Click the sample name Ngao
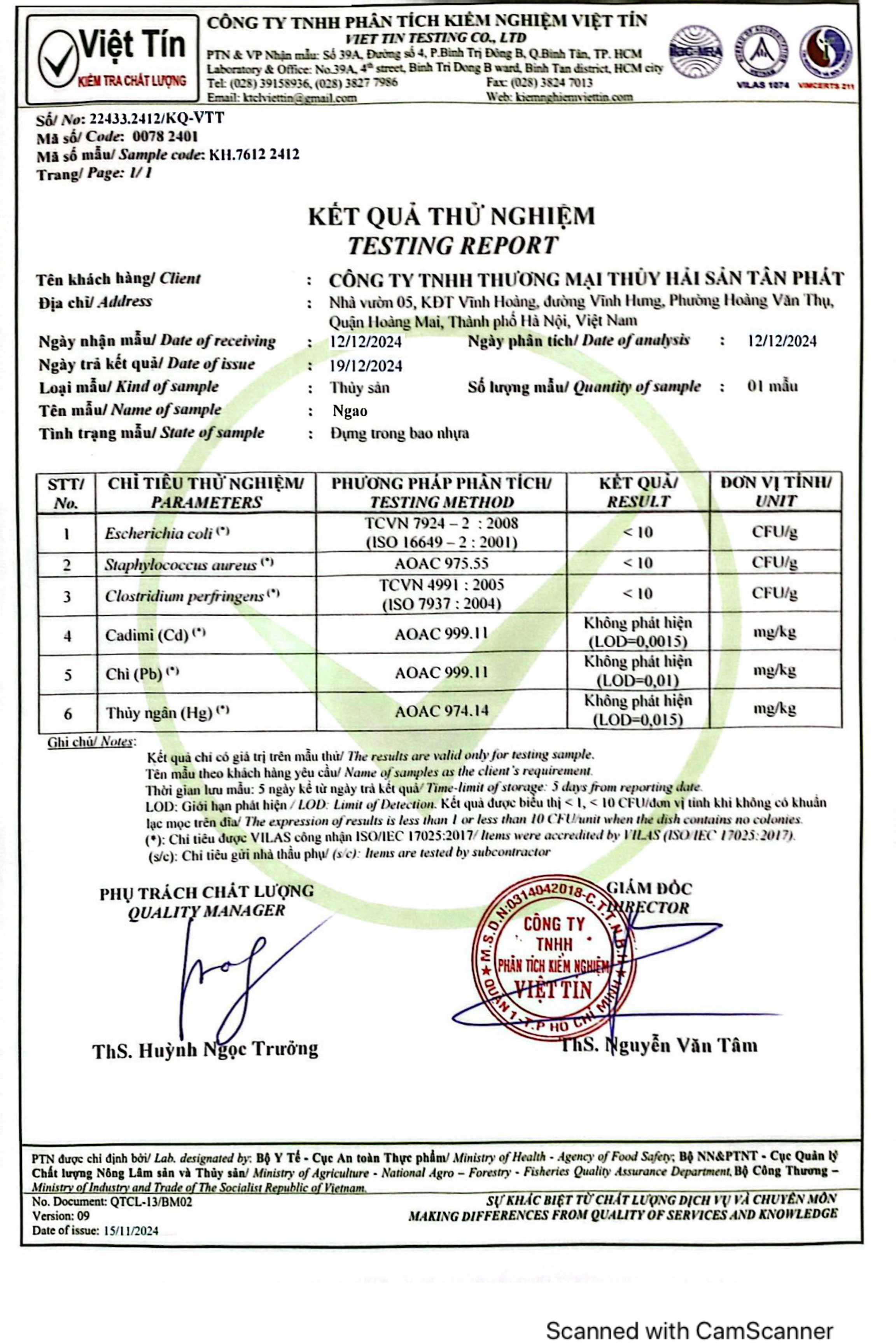tap(350, 411)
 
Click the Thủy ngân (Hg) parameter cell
tap(206, 712)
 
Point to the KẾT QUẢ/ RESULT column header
tap(638, 492)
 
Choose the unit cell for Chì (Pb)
tap(775, 671)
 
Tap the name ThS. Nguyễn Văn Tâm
tap(659, 1046)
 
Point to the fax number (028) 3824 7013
tap(539, 83)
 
